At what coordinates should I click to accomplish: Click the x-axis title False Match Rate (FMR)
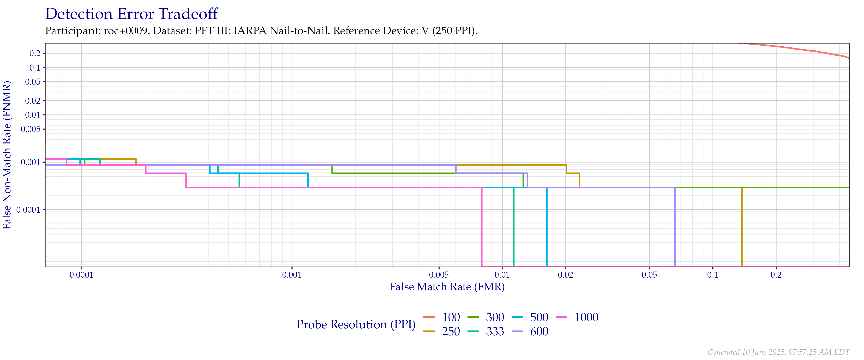[447, 287]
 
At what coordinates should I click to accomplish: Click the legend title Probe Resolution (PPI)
[356, 324]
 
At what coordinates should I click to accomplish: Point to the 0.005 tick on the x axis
[439, 275]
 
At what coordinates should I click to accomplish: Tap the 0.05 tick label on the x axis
[649, 275]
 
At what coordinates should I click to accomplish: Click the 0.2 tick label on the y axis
[35, 53]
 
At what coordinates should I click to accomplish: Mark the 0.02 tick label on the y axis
[33, 101]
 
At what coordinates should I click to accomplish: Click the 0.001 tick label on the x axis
[292, 275]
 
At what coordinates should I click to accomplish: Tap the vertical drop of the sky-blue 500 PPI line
[547, 228]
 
